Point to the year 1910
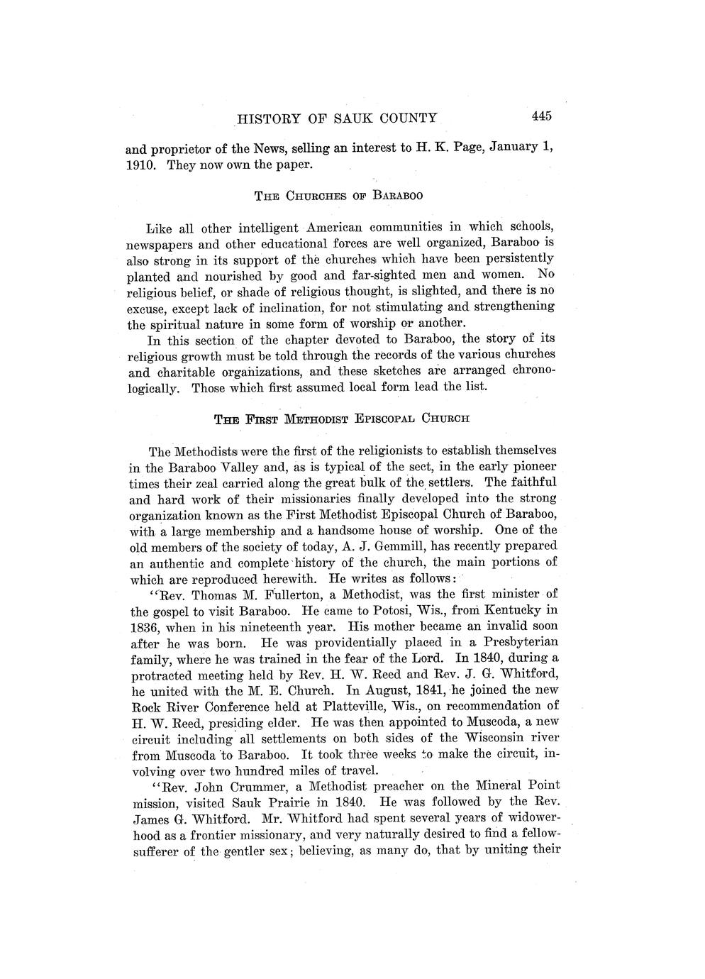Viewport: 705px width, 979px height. pos(140,166)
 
